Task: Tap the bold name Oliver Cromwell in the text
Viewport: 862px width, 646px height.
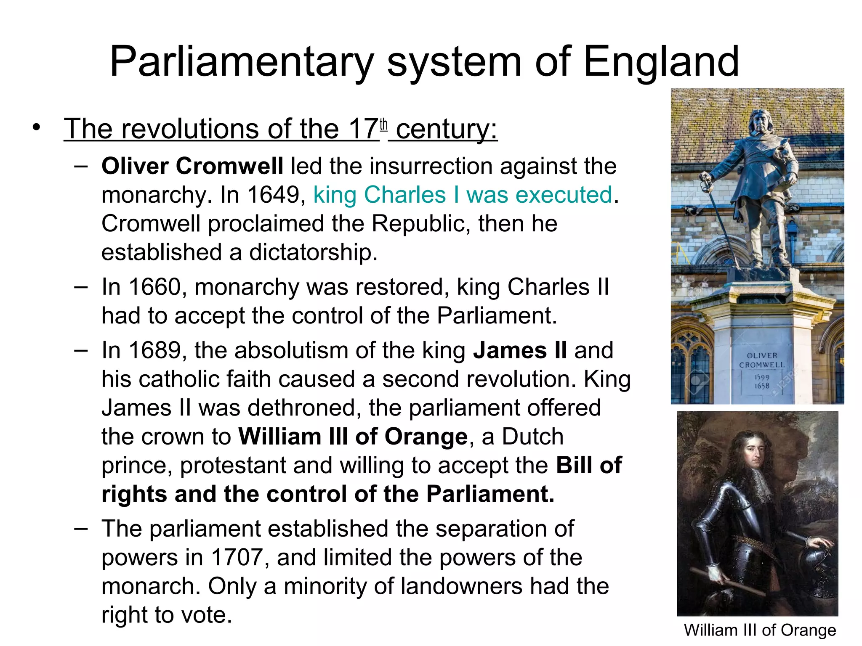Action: point(192,166)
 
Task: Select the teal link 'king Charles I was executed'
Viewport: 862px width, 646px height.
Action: point(463,195)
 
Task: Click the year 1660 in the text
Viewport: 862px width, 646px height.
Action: point(154,287)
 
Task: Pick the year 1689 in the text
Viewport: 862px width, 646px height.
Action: point(154,350)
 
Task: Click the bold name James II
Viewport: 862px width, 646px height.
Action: point(520,350)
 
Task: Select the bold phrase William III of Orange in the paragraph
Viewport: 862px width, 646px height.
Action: point(353,437)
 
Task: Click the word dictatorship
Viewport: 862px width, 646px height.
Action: point(313,252)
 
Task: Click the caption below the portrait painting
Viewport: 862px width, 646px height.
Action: point(760,630)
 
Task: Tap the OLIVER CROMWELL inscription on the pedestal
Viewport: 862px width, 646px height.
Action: point(762,360)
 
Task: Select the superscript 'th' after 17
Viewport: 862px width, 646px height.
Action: point(383,125)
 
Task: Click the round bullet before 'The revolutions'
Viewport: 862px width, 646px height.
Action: point(37,127)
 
